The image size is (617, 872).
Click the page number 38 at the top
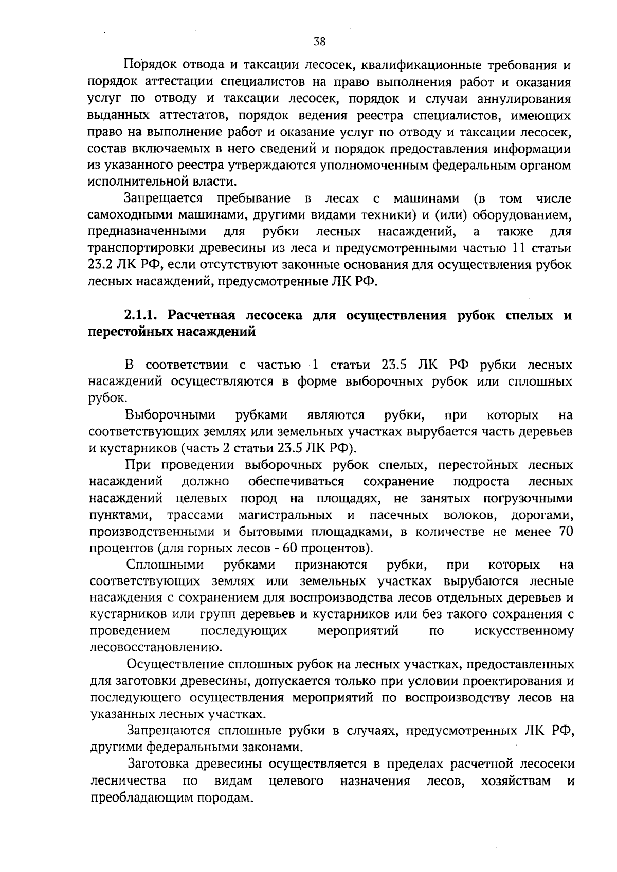[x=319, y=43]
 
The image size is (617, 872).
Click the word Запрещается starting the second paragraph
[x=163, y=198]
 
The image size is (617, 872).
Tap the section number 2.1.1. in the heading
[x=143, y=315]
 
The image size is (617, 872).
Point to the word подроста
[x=481, y=482]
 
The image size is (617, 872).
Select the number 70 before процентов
[x=566, y=532]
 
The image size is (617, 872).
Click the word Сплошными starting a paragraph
[x=165, y=565]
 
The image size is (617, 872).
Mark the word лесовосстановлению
[x=155, y=647]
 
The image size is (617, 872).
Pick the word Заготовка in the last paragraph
[x=162, y=765]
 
